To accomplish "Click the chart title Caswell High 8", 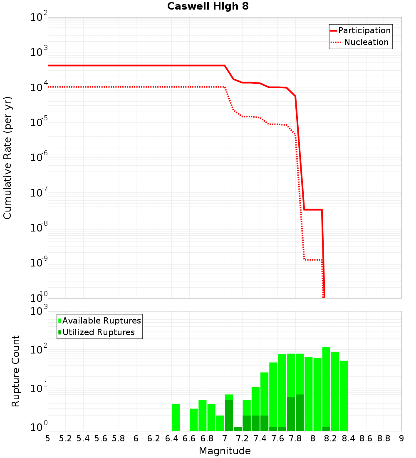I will [x=208, y=7].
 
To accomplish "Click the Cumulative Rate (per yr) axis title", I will [x=7, y=158].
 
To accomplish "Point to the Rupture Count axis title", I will [x=16, y=371].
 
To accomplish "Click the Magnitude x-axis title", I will [x=225, y=451].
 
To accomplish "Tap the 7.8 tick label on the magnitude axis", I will [x=295, y=438].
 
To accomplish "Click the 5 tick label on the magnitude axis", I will [x=48, y=438].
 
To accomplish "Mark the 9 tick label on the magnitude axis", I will [x=401, y=438].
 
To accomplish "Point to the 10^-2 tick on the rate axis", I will [x=39, y=17].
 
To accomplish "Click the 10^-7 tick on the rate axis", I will [x=39, y=193].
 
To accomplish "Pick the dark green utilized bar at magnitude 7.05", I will [x=229, y=416].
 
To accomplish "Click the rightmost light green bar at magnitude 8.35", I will [x=344, y=396].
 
